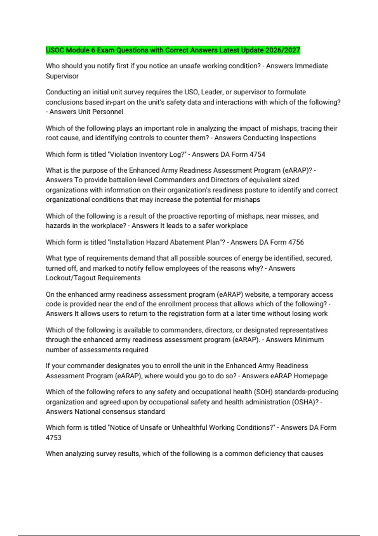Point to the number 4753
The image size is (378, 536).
pyautogui.click(x=54, y=437)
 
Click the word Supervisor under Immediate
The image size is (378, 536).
pyautogui.click(x=62, y=76)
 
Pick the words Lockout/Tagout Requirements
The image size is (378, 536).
pyautogui.click(x=93, y=278)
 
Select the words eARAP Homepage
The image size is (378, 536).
pyautogui.click(x=299, y=376)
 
